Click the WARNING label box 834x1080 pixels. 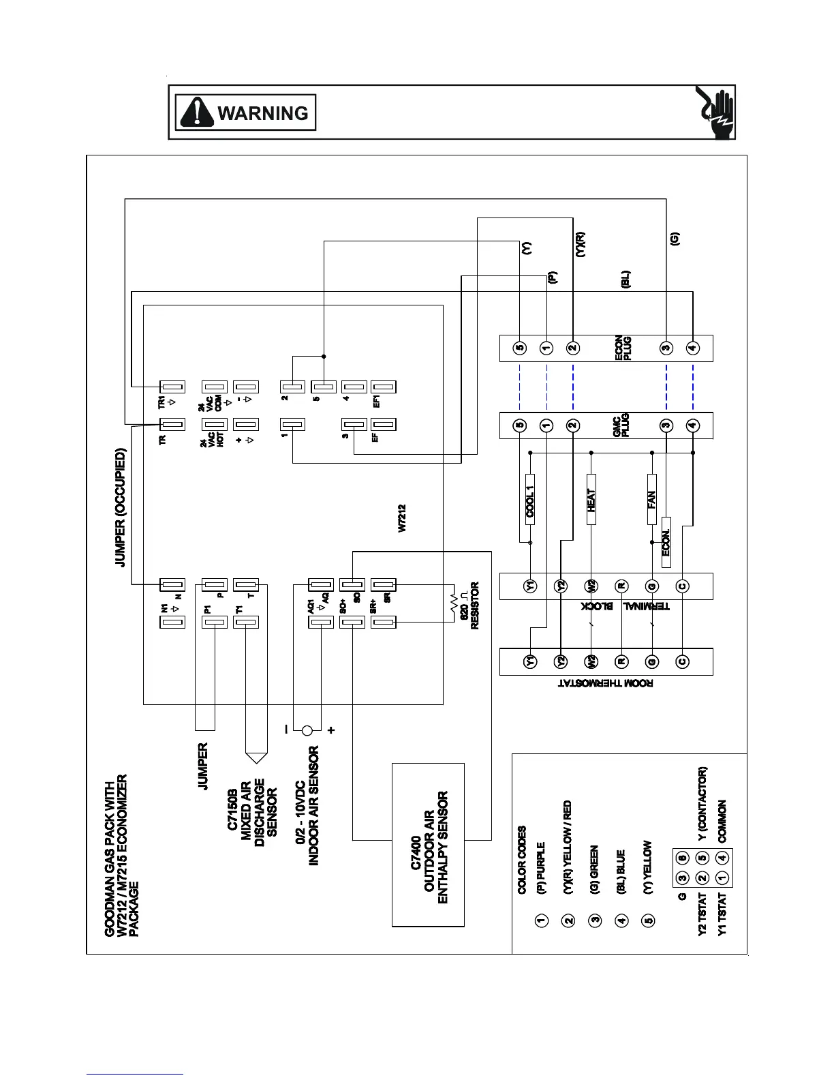click(x=246, y=112)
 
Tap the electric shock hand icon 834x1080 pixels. click(x=715, y=112)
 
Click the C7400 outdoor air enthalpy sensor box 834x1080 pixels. click(x=429, y=845)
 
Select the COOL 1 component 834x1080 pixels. click(x=530, y=499)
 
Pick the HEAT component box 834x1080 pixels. click(x=591, y=499)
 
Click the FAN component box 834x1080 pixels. click(x=652, y=499)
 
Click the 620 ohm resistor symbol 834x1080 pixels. click(x=452, y=603)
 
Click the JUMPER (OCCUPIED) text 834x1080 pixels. click(x=121, y=507)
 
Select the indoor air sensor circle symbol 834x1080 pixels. click(x=307, y=731)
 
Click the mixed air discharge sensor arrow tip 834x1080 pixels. click(x=256, y=758)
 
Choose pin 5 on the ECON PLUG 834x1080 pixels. click(x=520, y=348)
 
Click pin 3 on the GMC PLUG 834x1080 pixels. click(x=666, y=425)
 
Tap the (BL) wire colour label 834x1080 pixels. click(x=625, y=280)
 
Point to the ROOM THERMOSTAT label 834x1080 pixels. click(x=605, y=684)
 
